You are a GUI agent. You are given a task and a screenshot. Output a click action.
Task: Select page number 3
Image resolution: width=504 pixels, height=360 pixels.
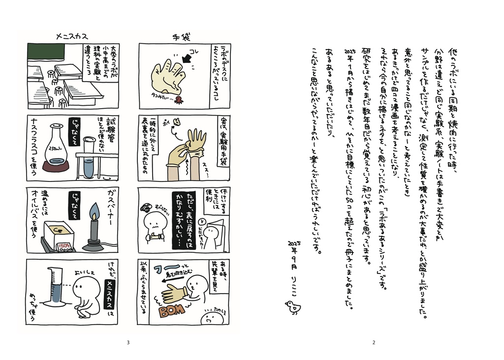(128, 343)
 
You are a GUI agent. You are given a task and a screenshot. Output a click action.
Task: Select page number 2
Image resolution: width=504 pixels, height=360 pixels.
(374, 343)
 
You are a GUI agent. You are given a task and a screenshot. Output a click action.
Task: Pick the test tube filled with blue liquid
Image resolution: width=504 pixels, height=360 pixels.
(89, 157)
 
